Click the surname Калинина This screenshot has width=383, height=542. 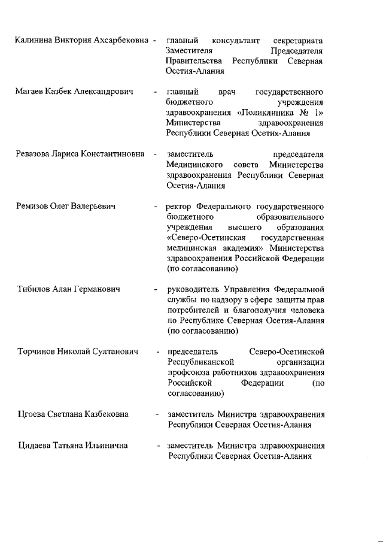click(x=34, y=40)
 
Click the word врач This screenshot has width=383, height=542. click(x=227, y=93)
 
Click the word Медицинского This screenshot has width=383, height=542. click(x=196, y=165)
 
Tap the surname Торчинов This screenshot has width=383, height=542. click(x=37, y=352)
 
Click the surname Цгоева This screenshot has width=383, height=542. click(x=32, y=414)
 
